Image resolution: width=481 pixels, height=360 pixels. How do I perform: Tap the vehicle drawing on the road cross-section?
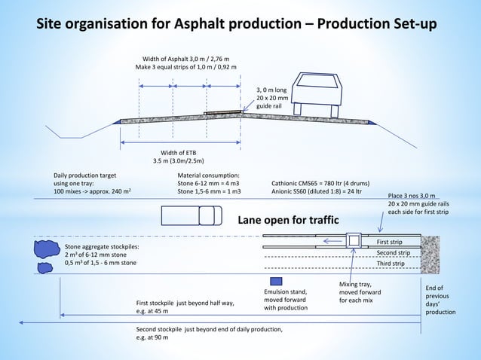point(320,95)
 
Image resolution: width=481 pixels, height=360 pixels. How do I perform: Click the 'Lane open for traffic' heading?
point(288,220)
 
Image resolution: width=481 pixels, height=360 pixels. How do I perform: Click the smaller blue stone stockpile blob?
point(44,267)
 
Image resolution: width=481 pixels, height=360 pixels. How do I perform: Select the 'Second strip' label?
point(393,252)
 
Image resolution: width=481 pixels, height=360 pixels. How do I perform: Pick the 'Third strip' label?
point(390,264)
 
